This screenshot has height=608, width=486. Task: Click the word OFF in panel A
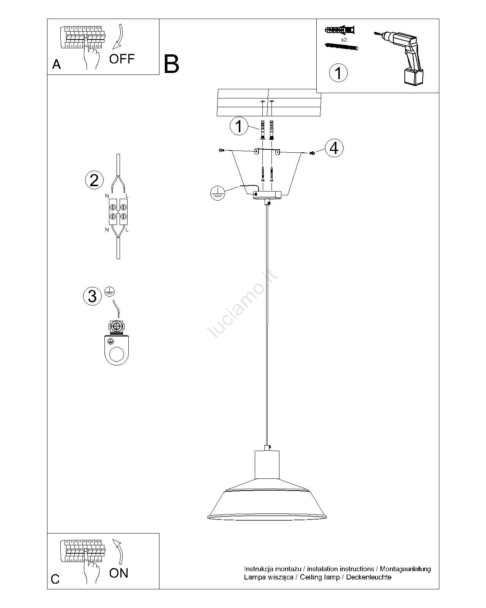[x=122, y=59]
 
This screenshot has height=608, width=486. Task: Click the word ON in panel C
[x=118, y=573]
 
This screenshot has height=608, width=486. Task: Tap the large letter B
[x=171, y=64]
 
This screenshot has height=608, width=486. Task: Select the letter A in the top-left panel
[x=57, y=65]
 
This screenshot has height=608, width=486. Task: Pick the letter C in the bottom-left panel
[x=55, y=579]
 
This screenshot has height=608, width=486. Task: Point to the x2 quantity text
[x=344, y=40]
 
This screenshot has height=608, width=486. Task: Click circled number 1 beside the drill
[x=338, y=73]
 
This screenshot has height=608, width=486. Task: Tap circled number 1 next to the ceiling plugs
[x=239, y=126]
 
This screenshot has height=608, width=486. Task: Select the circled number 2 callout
[x=94, y=180]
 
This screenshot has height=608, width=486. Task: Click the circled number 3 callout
[x=92, y=296]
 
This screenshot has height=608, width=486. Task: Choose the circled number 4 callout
[x=335, y=148]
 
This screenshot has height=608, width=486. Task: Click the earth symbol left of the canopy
[x=218, y=193]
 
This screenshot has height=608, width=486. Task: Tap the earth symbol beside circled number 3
[x=110, y=291]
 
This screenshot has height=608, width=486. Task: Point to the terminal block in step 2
[x=118, y=212]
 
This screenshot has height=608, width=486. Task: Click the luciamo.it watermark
[x=242, y=304]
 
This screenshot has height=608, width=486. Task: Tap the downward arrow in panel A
[x=119, y=37]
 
